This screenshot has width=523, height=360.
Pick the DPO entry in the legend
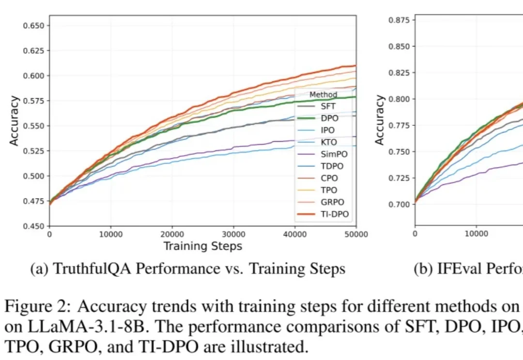click(x=329, y=118)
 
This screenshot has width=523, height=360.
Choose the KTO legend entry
click(x=329, y=142)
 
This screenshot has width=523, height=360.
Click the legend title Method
click(x=323, y=95)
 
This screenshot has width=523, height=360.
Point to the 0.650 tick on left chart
click(x=34, y=25)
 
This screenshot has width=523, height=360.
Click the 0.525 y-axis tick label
click(x=34, y=151)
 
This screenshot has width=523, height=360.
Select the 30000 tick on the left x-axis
click(x=233, y=235)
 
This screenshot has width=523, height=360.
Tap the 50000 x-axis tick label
click(x=356, y=235)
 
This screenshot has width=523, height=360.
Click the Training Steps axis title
click(x=202, y=246)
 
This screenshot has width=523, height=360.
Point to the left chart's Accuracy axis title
click(x=15, y=121)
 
